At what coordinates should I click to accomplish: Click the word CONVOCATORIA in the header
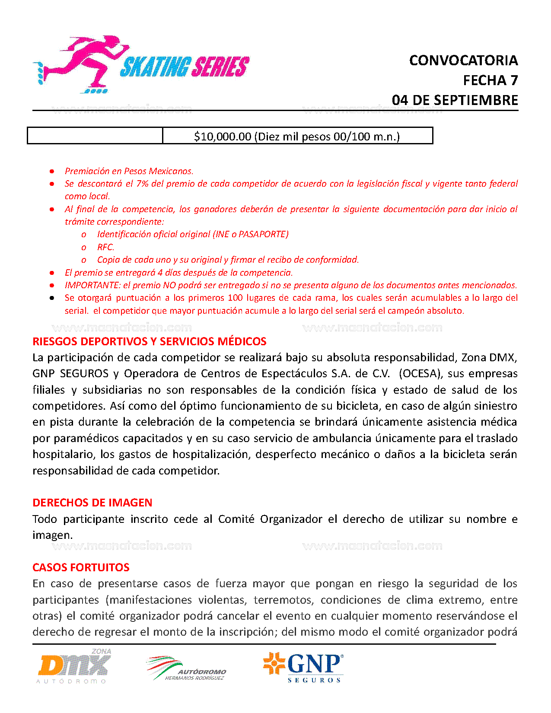(x=463, y=60)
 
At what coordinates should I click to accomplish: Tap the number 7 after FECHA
(x=514, y=80)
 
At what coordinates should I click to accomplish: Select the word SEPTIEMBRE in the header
(x=476, y=100)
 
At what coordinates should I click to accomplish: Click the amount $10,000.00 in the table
(x=223, y=137)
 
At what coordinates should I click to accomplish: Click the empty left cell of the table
(x=95, y=136)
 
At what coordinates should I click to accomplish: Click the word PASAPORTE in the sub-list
(x=262, y=234)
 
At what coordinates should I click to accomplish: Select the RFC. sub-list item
(x=105, y=247)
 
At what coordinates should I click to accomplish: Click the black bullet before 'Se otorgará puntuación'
(x=52, y=298)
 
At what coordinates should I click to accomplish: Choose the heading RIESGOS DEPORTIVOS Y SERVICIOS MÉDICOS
(x=149, y=341)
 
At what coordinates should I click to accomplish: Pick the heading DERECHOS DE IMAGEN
(x=92, y=503)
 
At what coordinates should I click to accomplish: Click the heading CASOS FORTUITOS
(x=81, y=567)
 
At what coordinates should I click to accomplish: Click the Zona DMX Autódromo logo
(x=74, y=666)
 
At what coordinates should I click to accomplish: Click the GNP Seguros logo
(x=303, y=667)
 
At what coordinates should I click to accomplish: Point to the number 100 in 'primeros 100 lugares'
(x=235, y=298)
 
